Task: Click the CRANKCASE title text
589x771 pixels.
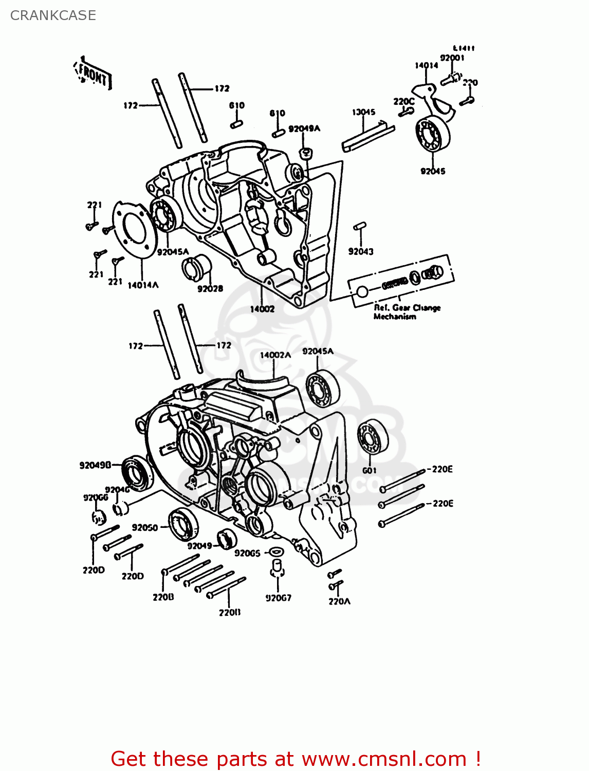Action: (53, 15)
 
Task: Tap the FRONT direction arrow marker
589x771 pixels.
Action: (93, 75)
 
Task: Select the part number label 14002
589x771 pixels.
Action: (262, 309)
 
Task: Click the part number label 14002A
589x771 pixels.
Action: (275, 355)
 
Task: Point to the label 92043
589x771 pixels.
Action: (361, 251)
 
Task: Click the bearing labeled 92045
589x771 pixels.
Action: (432, 134)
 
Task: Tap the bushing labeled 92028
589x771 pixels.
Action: (197, 267)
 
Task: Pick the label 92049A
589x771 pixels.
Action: (304, 128)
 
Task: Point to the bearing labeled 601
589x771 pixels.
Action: (373, 437)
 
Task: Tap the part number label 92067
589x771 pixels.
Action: (278, 598)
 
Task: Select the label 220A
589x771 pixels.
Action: (339, 601)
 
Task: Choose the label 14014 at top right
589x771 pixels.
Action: (426, 65)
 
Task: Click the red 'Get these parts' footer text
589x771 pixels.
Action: (296, 759)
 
